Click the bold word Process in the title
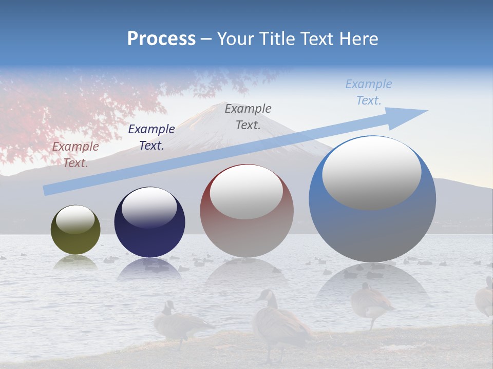point(161,39)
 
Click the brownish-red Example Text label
point(75,155)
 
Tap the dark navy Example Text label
point(151,137)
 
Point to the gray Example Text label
point(248,116)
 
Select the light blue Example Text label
point(369,92)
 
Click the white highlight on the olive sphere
point(75,220)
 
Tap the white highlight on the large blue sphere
point(371,173)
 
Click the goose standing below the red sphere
point(280,323)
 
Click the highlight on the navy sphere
point(149,207)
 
